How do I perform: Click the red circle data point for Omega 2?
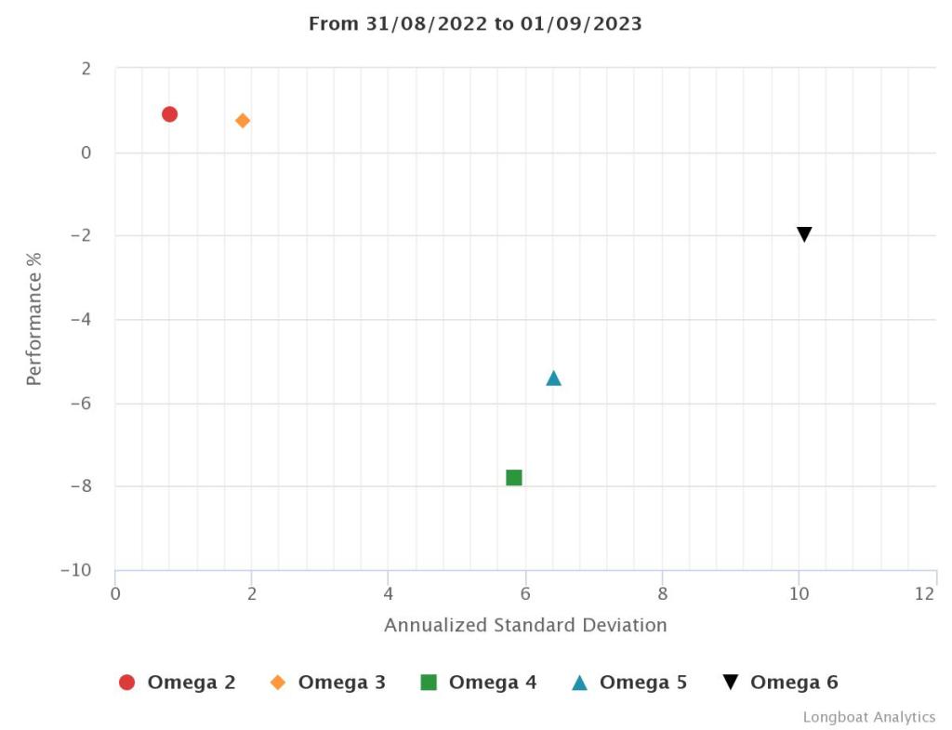169,114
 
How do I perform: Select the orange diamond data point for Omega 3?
243,121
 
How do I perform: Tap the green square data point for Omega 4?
514,477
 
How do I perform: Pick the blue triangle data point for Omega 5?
553,378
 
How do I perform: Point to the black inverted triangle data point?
804,234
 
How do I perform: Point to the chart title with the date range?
475,24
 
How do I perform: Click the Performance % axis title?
34,318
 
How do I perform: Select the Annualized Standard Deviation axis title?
525,625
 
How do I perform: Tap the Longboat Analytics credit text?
869,717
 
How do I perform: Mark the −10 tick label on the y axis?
75,570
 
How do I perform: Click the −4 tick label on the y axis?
81,320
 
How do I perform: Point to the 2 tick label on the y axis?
86,69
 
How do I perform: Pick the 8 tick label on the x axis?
662,593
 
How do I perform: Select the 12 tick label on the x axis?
924,593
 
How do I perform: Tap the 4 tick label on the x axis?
389,593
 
